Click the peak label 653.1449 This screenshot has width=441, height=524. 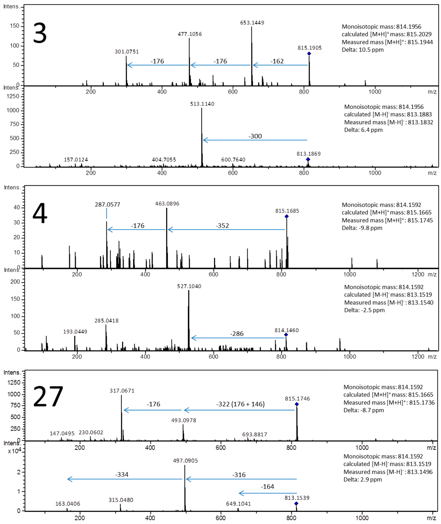click(252, 23)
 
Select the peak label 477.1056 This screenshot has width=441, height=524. click(190, 34)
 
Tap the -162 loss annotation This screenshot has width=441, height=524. click(277, 61)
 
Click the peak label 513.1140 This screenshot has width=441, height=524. click(202, 104)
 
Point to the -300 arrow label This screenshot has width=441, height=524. click(255, 136)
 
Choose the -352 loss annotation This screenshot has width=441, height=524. click(222, 226)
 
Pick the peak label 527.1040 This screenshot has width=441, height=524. click(189, 286)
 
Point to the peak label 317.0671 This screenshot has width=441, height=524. click(122, 391)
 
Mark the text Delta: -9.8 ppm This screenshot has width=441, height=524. click(362, 228)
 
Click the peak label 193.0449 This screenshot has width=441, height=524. click(75, 332)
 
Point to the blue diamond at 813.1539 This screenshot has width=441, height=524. click(296, 504)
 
